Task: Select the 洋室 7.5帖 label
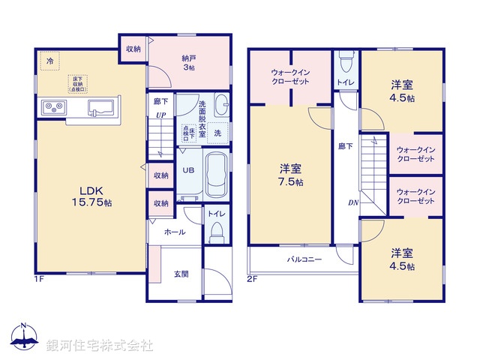[x=292, y=174]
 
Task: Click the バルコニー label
[x=304, y=259]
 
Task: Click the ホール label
[x=175, y=232]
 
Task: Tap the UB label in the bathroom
[x=189, y=169]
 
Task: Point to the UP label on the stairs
[x=160, y=115]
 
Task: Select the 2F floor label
[x=252, y=279]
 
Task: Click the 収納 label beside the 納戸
[x=133, y=49]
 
